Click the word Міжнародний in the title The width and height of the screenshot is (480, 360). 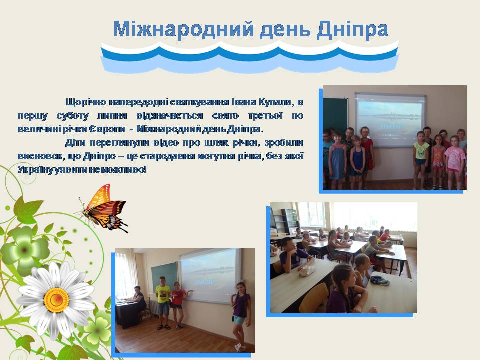(x=183, y=29)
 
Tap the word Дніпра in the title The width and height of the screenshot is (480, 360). (x=353, y=29)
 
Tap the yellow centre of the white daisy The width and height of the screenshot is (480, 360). (x=56, y=299)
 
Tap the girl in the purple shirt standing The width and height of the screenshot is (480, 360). (x=240, y=316)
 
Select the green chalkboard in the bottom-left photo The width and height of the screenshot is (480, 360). (x=164, y=277)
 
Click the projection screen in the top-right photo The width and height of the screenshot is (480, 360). (x=390, y=119)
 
